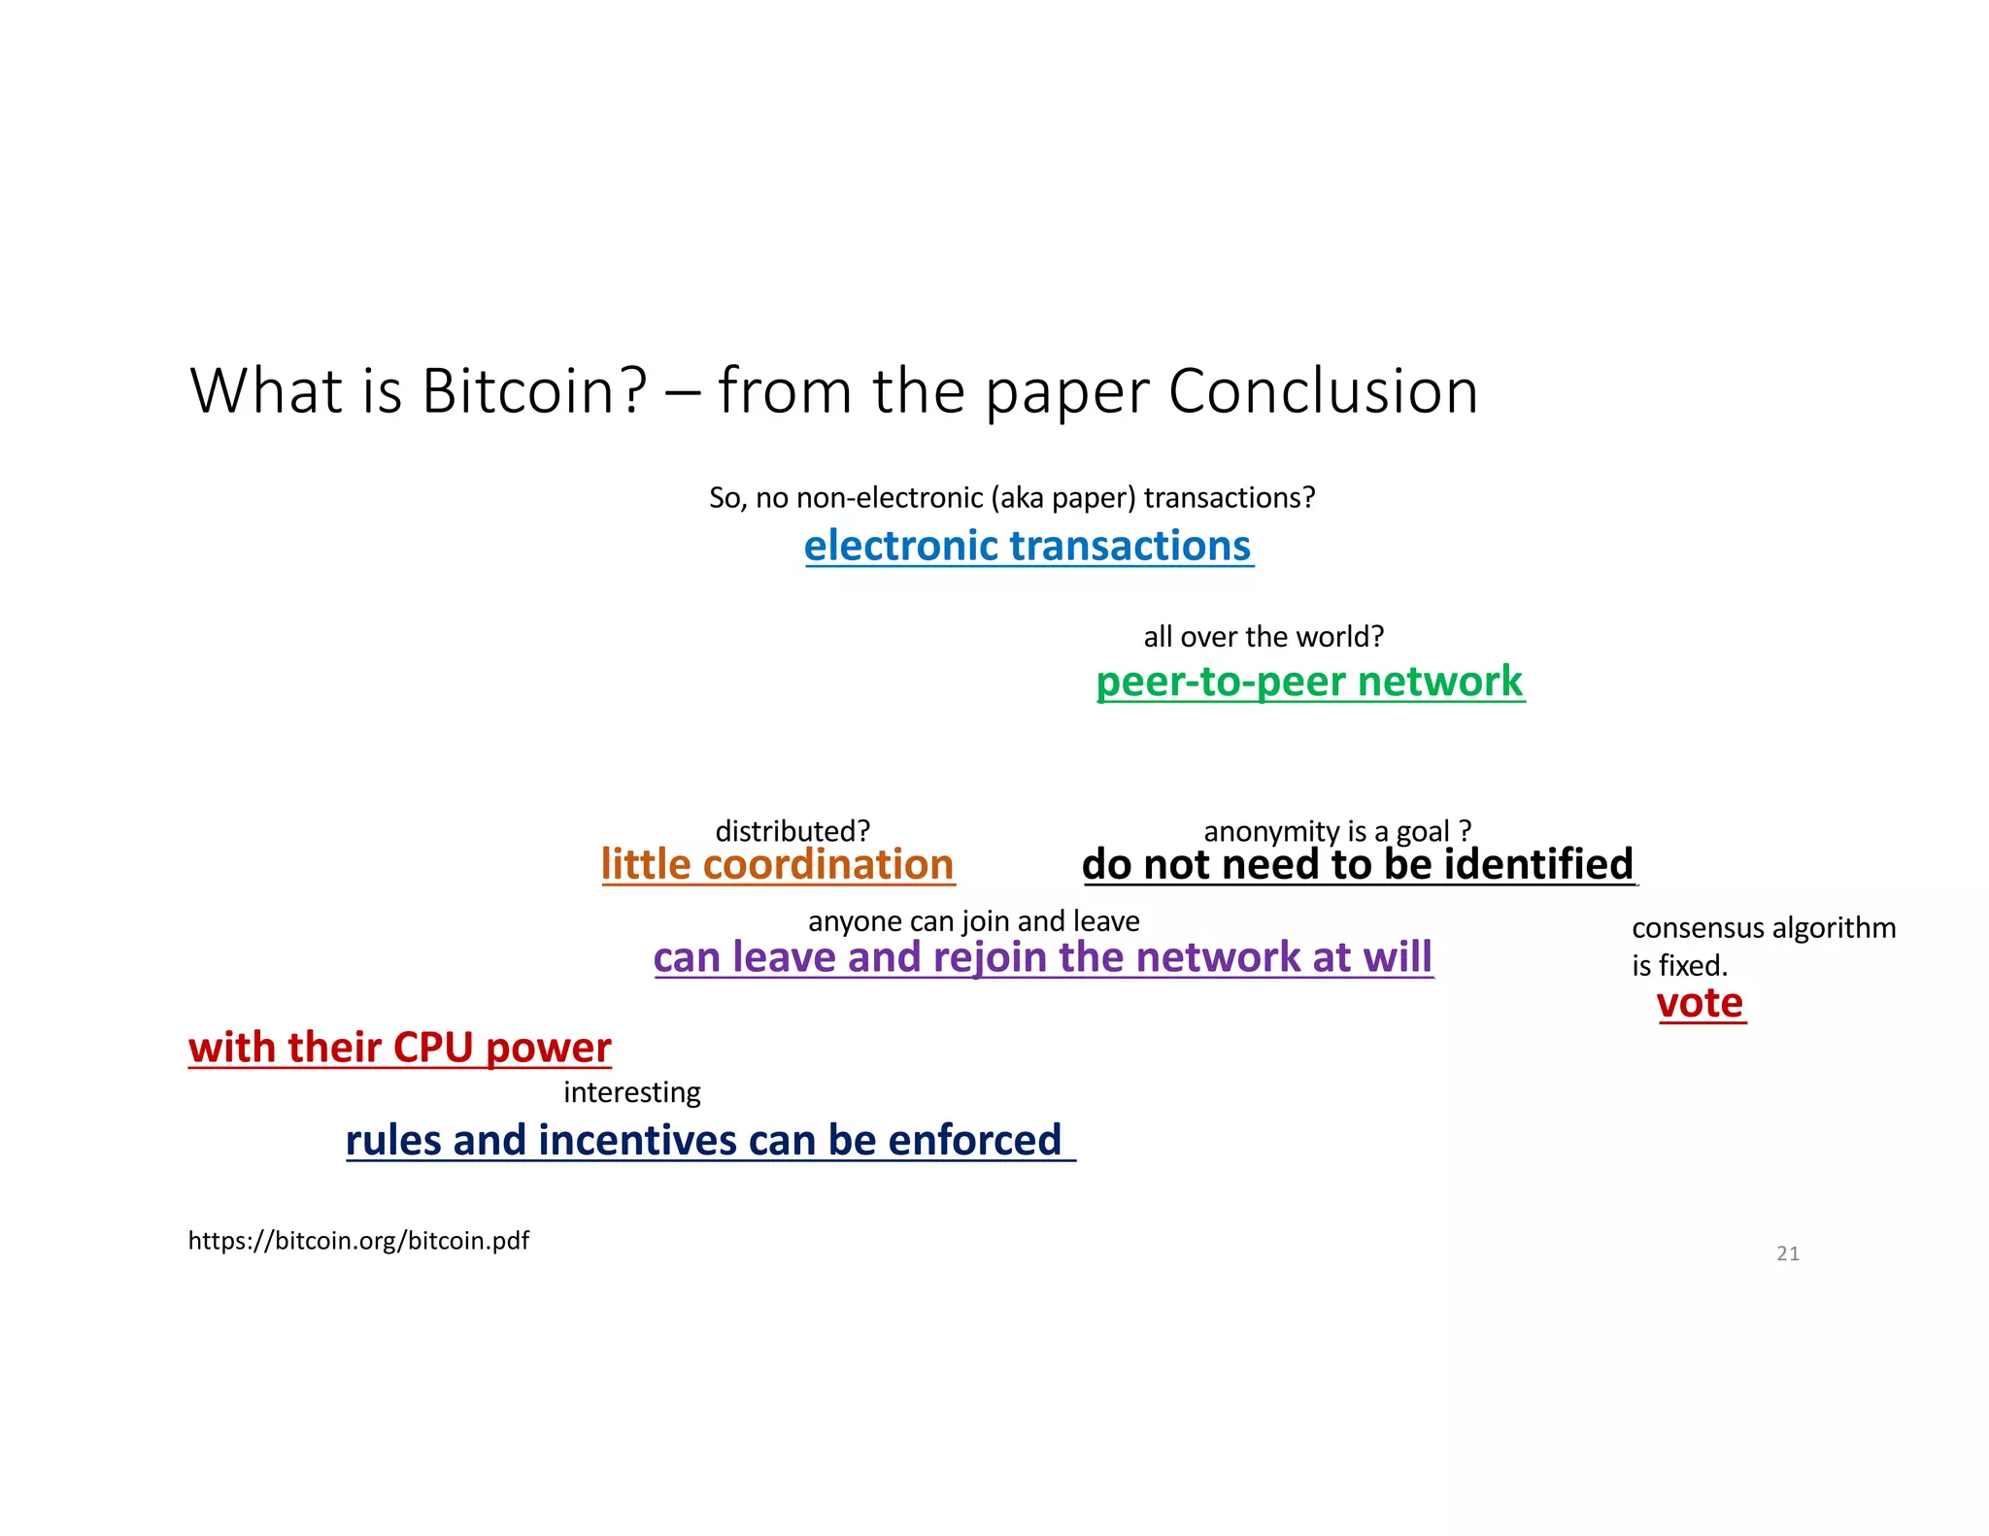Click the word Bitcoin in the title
coord(533,391)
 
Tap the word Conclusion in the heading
coord(1323,391)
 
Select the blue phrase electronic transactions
coord(1028,546)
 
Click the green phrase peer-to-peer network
coord(1309,682)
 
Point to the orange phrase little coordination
coord(777,864)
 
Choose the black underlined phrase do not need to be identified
coord(1358,864)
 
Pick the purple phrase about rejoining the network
coord(1042,957)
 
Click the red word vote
coord(1700,1003)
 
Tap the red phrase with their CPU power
coord(399,1048)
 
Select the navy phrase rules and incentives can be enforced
coord(704,1140)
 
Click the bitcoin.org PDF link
coord(358,1241)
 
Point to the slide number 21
coord(1787,1253)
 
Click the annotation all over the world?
coord(1263,637)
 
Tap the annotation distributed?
coord(792,831)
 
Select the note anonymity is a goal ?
coord(1336,831)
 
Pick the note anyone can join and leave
coord(973,920)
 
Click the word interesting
coord(631,1092)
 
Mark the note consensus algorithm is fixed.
coord(1762,946)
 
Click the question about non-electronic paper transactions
coord(1011,497)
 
